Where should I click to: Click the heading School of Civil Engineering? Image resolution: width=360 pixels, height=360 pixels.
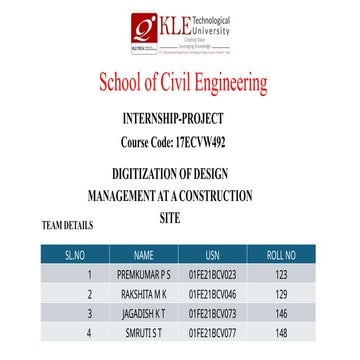click(183, 80)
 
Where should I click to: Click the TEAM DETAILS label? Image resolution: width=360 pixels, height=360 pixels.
click(67, 225)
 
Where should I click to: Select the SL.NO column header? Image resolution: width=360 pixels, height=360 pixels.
click(90, 254)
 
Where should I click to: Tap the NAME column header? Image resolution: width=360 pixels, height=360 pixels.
click(144, 254)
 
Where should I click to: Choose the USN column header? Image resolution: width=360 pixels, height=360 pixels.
click(211, 254)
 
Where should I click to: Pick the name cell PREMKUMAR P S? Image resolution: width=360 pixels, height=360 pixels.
click(144, 273)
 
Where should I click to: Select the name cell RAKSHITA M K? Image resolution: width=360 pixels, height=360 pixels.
click(144, 293)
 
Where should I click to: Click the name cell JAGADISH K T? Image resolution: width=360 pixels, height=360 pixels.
click(144, 313)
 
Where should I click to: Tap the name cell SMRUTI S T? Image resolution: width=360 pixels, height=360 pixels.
click(144, 332)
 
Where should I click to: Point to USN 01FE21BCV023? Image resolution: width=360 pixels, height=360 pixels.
click(211, 273)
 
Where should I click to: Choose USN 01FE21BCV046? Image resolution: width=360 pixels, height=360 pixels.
click(211, 293)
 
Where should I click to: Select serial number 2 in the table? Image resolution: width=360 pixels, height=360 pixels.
click(90, 293)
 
